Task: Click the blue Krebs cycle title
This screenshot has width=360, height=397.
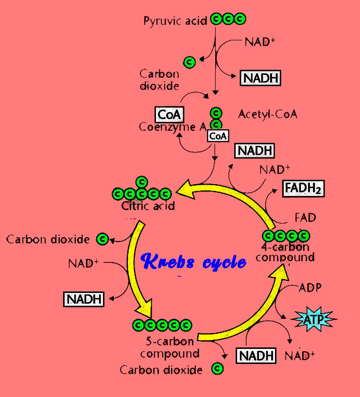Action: [x=193, y=261]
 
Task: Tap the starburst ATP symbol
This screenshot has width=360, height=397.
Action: [x=313, y=320]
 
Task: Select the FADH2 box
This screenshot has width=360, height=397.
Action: [x=304, y=188]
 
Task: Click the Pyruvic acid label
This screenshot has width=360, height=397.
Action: [x=175, y=21]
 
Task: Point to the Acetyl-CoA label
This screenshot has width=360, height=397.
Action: [x=268, y=114]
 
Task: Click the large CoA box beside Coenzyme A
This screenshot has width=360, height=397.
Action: [x=169, y=115]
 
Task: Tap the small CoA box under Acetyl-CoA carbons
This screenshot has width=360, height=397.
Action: [x=218, y=136]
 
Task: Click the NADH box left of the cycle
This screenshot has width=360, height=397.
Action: [x=84, y=298]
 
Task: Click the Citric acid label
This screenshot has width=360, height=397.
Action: [x=148, y=206]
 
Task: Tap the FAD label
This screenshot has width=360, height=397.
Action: [x=305, y=217]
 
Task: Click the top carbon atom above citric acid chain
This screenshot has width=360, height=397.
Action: [x=141, y=182]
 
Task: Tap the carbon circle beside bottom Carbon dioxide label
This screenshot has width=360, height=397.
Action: [x=217, y=369]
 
